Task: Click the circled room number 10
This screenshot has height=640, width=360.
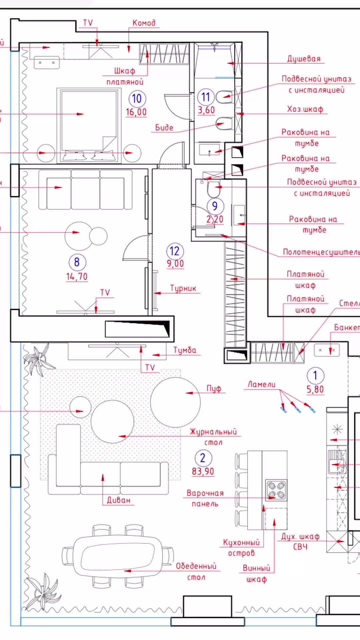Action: (x=137, y=99)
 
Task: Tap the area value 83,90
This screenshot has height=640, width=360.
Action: (x=203, y=471)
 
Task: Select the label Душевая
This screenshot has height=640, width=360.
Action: (x=304, y=59)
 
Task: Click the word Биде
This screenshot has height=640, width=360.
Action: (x=164, y=128)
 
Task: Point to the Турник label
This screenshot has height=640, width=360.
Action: (x=183, y=288)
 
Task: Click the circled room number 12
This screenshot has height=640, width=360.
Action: (x=175, y=251)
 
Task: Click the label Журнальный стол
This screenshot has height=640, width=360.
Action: (x=213, y=437)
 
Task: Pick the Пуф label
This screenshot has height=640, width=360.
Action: (x=214, y=389)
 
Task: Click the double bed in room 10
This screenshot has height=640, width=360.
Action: (x=89, y=125)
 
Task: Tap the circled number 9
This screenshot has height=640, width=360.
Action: (x=215, y=206)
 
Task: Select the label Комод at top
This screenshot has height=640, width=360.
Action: (x=144, y=23)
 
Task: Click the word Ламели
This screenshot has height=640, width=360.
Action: (x=261, y=384)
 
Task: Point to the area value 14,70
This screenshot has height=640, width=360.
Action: (x=77, y=277)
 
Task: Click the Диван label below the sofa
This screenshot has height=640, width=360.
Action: (x=119, y=500)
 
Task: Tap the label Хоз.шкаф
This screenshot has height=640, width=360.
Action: (x=305, y=109)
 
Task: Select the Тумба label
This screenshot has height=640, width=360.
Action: (x=185, y=350)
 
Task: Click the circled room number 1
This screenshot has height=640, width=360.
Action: (x=315, y=375)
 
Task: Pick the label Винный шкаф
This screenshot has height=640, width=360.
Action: (x=256, y=573)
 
